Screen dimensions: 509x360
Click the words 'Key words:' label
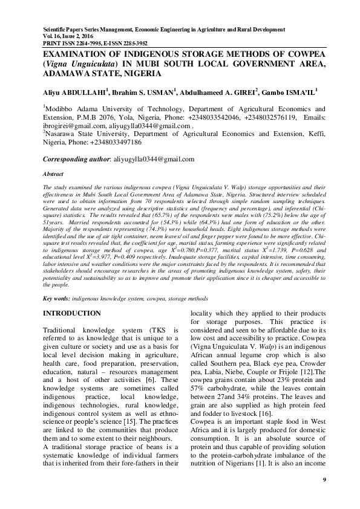[x=56, y=299]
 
